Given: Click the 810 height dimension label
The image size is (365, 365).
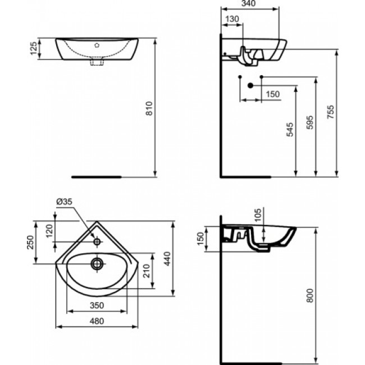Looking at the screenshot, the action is coord(149,108).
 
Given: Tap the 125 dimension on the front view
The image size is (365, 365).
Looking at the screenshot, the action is coord(34,48).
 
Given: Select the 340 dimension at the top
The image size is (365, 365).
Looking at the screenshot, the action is coord(248,3).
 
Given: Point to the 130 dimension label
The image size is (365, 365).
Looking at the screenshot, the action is coord(232,19).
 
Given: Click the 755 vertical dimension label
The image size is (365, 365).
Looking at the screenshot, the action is coord(330,112).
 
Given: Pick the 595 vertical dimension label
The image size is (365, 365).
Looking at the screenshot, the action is coord(309,122).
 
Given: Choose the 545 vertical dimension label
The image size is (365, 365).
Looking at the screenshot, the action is coord(290,130).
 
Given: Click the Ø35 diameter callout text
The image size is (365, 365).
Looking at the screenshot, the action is coord(65,202).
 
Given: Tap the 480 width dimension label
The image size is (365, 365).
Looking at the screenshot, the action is coord(97,321).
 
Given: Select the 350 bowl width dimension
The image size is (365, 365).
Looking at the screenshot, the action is coord(97,305).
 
